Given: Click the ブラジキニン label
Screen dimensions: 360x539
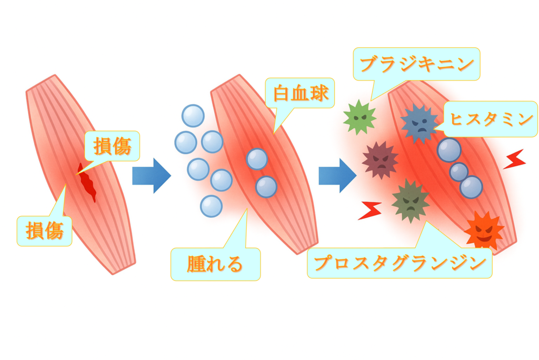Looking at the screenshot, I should pyautogui.click(x=416, y=65).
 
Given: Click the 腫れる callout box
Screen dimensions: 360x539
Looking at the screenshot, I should pyautogui.click(x=215, y=264).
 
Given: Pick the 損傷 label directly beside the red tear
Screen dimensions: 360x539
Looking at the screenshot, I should pyautogui.click(x=112, y=146).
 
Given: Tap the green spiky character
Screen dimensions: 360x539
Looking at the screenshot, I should pyautogui.click(x=360, y=117).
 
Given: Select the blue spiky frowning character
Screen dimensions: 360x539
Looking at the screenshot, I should pyautogui.click(x=420, y=124).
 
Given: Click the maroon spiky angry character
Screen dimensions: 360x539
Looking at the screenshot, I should pyautogui.click(x=380, y=159).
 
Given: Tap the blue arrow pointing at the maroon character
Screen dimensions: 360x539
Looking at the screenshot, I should pyautogui.click(x=337, y=175).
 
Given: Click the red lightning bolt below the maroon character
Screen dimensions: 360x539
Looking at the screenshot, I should pyautogui.click(x=370, y=210).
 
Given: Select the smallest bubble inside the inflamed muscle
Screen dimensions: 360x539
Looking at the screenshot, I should pyautogui.click(x=458, y=172).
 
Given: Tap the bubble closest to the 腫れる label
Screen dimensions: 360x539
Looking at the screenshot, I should pyautogui.click(x=211, y=206).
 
